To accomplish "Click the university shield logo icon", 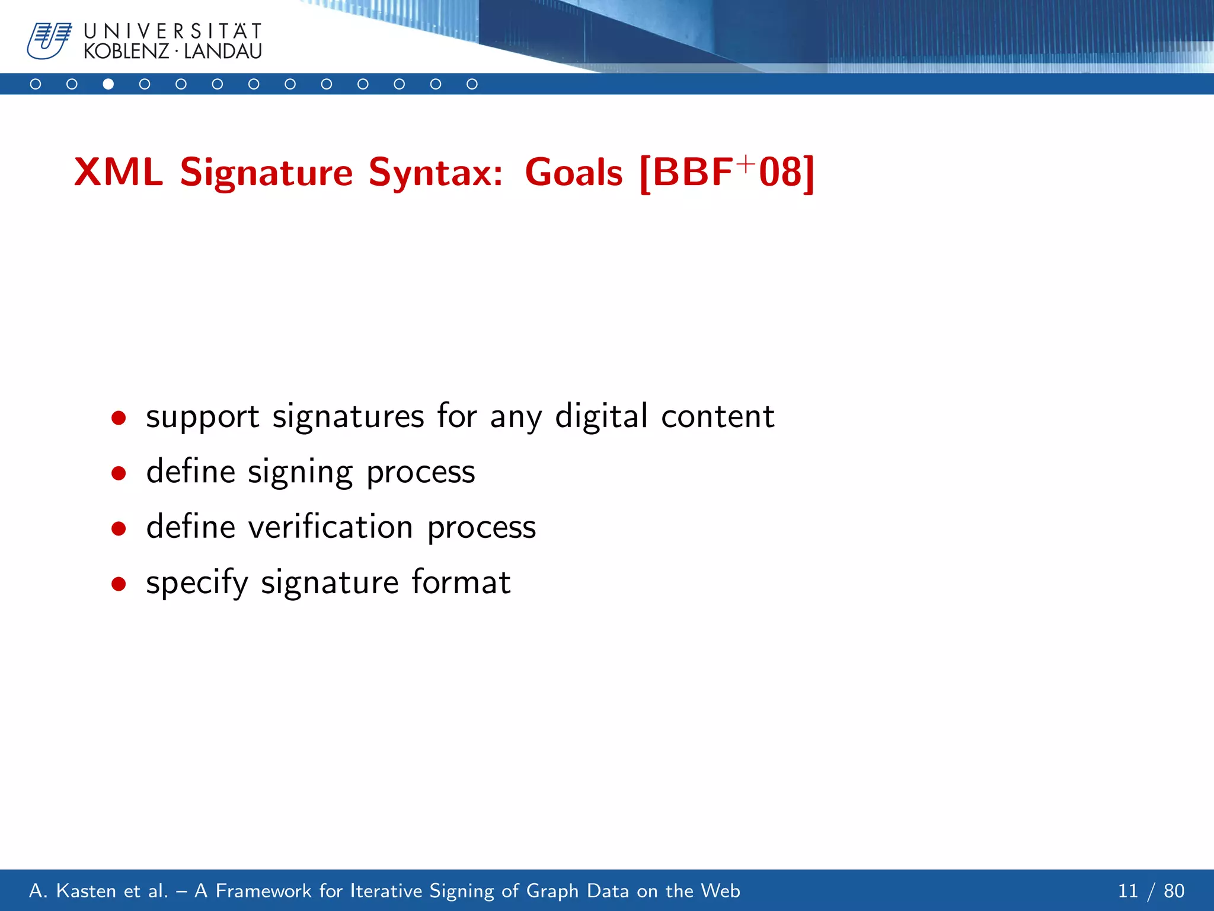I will tap(49, 40).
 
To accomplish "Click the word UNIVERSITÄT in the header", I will tap(172, 31).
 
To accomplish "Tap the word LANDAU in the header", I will tap(223, 52).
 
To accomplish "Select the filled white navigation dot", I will tap(108, 84).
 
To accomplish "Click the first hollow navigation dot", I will tap(36, 84).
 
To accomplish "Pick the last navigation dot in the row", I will tap(472, 84).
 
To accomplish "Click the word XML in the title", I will tap(118, 173).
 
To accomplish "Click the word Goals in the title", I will tap(573, 173).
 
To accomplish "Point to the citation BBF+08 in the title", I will tap(727, 173).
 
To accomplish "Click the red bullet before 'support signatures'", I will tap(119, 418).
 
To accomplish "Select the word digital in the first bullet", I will tap(601, 416).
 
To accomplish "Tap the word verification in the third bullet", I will tap(330, 527).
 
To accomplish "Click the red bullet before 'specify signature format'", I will tap(119, 584).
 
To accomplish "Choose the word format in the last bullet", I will tap(461, 582).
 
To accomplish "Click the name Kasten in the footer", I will tap(86, 891).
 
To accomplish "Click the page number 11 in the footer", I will tap(1128, 891).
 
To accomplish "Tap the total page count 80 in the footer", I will tap(1174, 891).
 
